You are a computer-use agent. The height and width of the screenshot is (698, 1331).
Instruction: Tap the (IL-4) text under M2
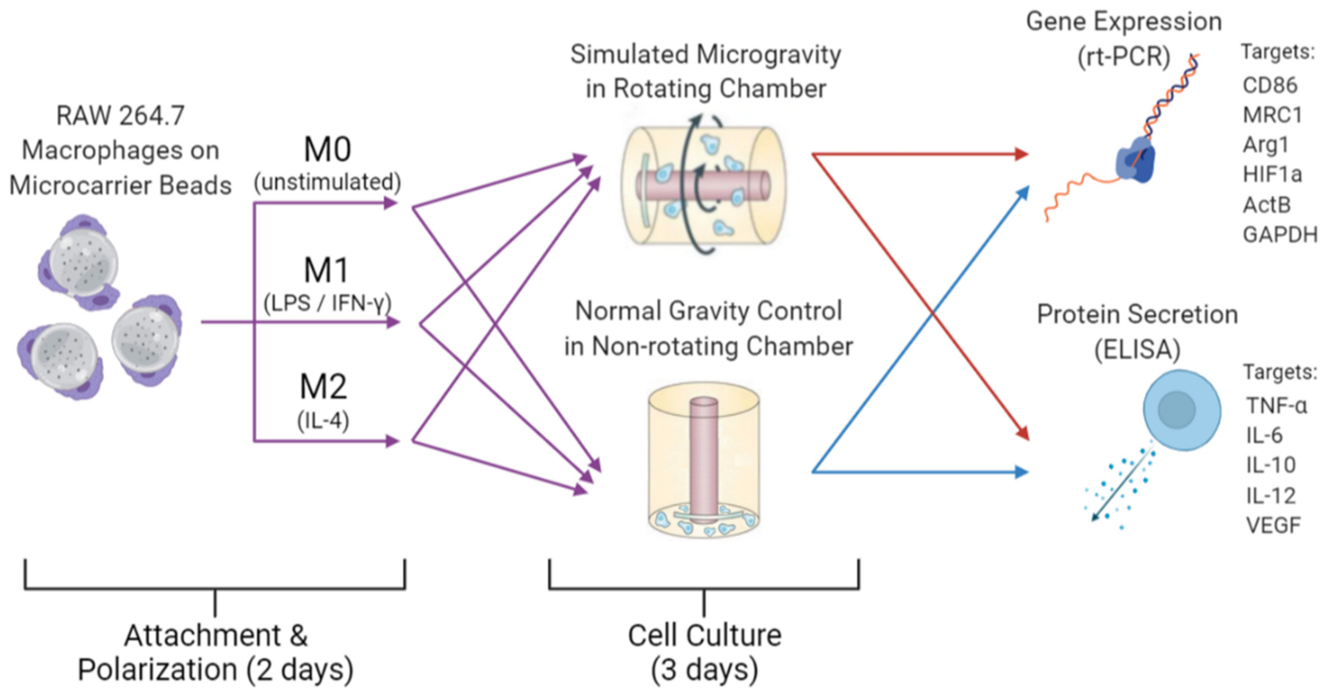(323, 421)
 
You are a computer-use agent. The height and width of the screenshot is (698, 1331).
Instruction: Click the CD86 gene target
(1269, 86)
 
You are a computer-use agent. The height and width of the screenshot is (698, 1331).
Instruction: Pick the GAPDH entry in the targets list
(1279, 235)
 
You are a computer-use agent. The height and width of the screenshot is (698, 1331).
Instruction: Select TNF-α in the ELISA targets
(1276, 406)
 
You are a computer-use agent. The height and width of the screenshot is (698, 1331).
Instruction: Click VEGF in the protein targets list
(1272, 526)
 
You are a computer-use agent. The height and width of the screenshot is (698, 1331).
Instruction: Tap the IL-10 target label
(1271, 466)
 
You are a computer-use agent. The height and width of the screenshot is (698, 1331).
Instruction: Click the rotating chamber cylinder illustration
(704, 186)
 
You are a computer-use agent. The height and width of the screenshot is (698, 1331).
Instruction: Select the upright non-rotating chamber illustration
(704, 460)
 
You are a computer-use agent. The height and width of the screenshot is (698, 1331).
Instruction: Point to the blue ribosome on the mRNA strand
(1135, 160)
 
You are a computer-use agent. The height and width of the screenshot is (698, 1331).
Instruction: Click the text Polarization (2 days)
(216, 670)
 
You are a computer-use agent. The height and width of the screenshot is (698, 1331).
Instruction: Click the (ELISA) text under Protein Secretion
(1137, 349)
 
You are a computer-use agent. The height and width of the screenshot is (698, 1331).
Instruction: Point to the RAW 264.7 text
(120, 116)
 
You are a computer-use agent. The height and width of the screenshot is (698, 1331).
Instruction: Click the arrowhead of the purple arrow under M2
(393, 441)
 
